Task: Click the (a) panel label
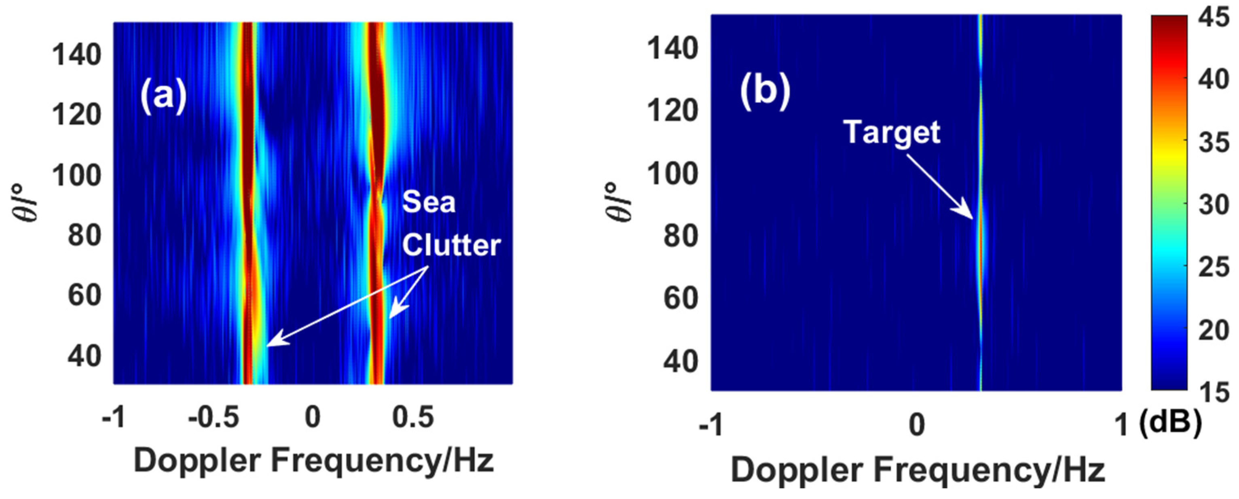point(163,95)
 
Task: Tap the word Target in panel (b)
point(892,132)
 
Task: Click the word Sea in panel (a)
point(428,202)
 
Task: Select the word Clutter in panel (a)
point(451,245)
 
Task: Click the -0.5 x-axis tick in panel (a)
point(214,417)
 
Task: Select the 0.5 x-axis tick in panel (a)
point(413,417)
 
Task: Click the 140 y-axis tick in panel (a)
point(77,54)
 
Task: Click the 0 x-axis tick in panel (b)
point(917,425)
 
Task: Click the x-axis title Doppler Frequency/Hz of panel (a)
point(314,461)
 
